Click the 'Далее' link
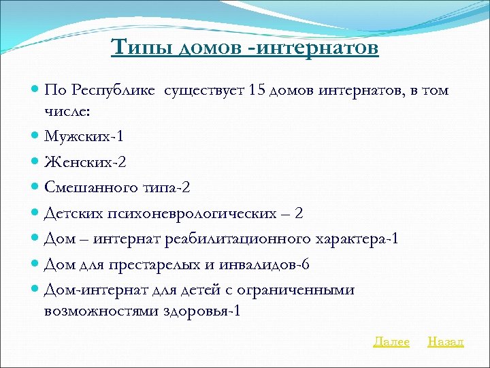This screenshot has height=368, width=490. [391, 342]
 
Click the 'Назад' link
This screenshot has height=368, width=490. [445, 342]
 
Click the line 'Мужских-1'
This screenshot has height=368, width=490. [84, 136]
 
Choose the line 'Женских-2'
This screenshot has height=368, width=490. [85, 162]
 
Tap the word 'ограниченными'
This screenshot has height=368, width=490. [299, 290]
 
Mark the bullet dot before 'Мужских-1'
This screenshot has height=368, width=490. [35, 136]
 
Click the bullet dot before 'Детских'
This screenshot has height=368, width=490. [35, 213]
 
